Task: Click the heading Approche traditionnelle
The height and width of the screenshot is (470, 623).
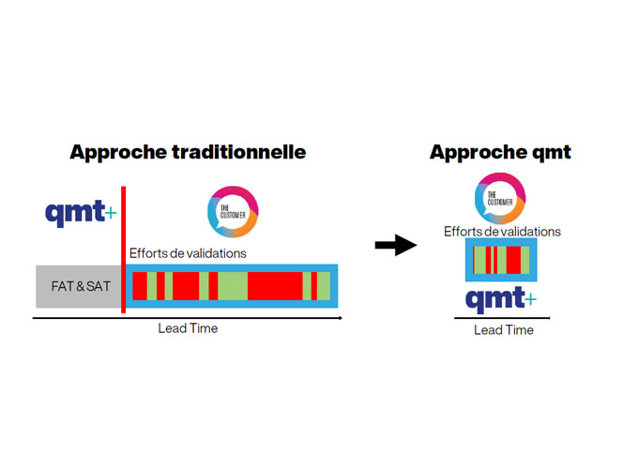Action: [188, 151]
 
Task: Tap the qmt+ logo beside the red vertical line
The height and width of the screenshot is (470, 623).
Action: [78, 213]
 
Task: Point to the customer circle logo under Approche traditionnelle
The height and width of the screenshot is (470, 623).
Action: [233, 212]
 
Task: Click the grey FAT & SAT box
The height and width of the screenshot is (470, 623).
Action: [79, 285]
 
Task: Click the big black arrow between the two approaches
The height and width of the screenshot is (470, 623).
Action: [395, 246]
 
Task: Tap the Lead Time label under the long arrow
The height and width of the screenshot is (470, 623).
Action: [188, 328]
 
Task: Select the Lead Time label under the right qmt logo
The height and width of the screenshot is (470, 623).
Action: [503, 330]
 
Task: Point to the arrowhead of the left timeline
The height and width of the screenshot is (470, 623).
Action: [339, 318]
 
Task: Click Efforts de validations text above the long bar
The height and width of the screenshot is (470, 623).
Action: [188, 252]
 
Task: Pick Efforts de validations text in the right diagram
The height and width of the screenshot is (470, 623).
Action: [502, 232]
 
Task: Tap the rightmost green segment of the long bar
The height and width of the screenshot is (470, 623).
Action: [324, 285]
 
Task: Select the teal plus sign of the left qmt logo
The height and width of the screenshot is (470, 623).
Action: [112, 213]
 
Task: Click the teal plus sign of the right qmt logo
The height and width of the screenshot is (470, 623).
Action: [532, 299]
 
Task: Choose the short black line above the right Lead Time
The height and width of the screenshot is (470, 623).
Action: [502, 318]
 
